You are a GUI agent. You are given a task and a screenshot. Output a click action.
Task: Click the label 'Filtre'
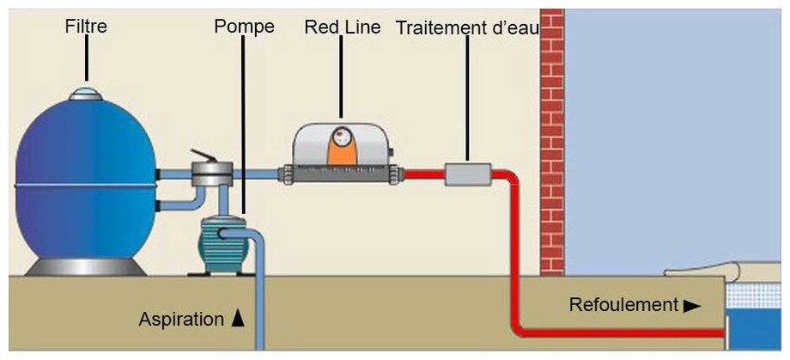86,27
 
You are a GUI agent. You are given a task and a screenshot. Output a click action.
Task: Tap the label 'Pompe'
244,27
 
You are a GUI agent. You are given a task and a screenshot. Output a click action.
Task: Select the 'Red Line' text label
342,27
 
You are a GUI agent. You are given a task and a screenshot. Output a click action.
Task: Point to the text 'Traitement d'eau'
467,28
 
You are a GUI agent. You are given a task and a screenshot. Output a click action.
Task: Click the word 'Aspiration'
181,320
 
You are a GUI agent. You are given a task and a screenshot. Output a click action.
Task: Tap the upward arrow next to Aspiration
239,319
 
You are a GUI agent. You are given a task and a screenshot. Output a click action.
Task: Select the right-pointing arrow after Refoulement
692,305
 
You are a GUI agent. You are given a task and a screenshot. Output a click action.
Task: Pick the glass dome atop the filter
85,93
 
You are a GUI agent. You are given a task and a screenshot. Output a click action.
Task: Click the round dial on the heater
342,136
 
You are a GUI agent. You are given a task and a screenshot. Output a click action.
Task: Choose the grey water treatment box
469,174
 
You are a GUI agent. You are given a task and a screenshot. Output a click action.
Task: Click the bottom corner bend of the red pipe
520,326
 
